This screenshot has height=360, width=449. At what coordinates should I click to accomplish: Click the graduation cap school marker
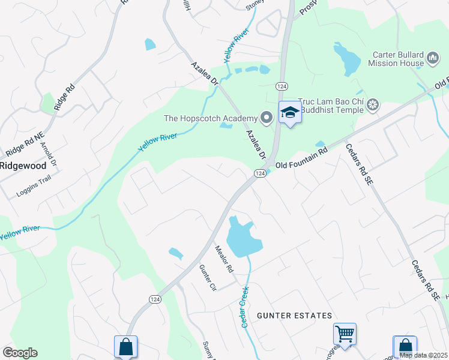[290, 112]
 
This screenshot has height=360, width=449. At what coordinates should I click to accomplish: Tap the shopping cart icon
[345, 334]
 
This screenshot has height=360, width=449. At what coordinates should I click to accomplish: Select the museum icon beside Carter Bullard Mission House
[433, 58]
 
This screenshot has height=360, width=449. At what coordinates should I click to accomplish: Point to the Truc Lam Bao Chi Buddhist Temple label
[332, 106]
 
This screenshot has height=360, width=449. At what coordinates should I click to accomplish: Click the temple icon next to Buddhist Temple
[373, 106]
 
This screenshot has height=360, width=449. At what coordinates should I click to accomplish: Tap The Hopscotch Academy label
[210, 118]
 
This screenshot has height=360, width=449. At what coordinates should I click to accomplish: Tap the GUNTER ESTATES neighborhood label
[294, 316]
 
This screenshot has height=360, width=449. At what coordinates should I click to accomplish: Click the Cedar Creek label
[245, 306]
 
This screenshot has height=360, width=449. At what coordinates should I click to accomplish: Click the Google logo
[20, 353]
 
